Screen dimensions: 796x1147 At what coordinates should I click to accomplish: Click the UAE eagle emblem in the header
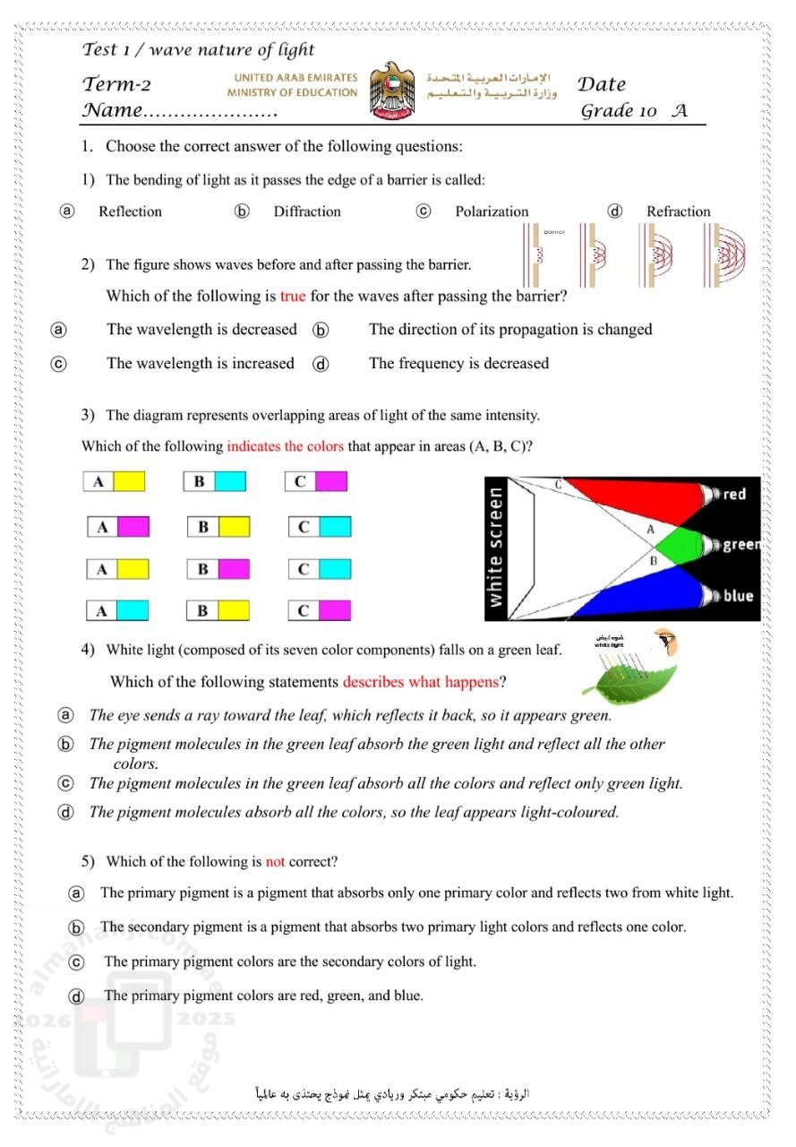(392, 91)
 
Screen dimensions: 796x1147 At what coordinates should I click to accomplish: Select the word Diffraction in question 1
(307, 211)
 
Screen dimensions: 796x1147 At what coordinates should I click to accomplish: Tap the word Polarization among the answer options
(492, 211)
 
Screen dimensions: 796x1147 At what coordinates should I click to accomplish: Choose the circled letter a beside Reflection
(67, 211)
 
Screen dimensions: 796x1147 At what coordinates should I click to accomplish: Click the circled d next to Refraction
(614, 211)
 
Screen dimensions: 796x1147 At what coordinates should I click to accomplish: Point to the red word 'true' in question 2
(293, 296)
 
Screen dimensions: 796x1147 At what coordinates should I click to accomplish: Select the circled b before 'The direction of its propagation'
(321, 331)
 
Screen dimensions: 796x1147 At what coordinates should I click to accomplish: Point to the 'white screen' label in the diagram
(495, 548)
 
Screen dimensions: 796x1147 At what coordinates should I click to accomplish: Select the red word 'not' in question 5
(275, 862)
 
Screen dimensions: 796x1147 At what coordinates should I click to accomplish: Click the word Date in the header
(602, 84)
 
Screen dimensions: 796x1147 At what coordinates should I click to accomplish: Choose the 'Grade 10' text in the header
(618, 110)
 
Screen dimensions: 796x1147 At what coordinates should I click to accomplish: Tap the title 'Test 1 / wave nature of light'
(199, 49)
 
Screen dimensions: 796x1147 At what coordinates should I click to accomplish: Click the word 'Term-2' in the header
(116, 84)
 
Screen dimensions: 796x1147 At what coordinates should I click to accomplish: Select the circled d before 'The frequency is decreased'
(321, 364)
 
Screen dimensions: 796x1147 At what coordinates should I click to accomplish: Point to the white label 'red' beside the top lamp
(734, 494)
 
